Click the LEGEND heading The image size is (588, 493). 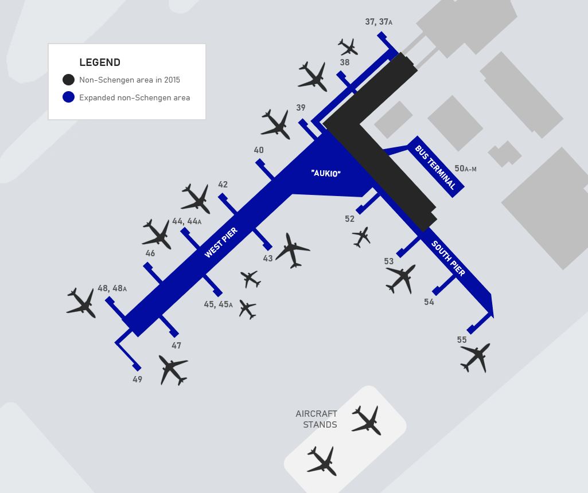(100, 62)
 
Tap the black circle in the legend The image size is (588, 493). (69, 80)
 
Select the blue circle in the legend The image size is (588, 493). (69, 97)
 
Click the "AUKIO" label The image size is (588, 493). (326, 174)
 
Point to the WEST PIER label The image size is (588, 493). (221, 242)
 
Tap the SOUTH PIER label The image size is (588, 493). (448, 259)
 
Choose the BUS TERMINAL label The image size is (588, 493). (435, 167)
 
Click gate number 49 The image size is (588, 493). (137, 379)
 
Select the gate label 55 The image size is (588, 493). (462, 340)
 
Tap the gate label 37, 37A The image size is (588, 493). (379, 22)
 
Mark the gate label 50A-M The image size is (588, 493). (465, 169)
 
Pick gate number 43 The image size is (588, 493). (268, 259)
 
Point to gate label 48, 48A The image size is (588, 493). (112, 288)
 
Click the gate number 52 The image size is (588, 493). (349, 219)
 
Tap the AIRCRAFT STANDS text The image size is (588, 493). (317, 419)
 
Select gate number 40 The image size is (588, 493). (259, 150)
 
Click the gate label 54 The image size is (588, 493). (429, 302)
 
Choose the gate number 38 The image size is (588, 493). (345, 62)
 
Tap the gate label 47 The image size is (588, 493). (176, 346)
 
